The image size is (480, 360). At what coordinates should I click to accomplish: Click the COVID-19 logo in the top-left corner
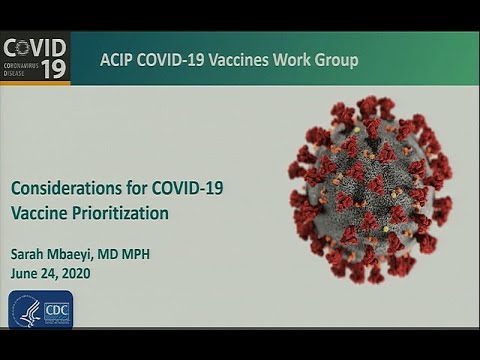point(35,58)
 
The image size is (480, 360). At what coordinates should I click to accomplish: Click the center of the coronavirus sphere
point(369,188)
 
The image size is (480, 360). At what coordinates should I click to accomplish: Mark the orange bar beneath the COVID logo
point(35,83)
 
